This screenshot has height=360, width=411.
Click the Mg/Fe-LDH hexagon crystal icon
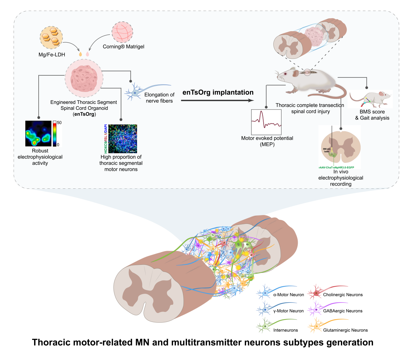point(51,38)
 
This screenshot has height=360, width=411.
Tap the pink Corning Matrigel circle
point(122,32)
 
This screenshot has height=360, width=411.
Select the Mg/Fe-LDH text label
point(52,55)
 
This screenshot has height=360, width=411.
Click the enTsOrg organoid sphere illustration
point(84,78)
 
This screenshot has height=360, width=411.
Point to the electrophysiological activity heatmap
point(38,134)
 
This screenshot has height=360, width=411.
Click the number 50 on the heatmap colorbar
point(59,123)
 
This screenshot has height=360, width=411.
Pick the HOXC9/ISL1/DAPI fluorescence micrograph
point(123,139)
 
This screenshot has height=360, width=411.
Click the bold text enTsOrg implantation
point(218,92)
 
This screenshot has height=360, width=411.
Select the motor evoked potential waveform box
point(266,122)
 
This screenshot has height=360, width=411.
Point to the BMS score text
point(372,112)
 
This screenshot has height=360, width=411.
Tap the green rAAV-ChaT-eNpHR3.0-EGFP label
point(336,167)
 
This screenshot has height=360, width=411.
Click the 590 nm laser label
point(327,150)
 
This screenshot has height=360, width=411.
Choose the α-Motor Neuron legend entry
point(288,295)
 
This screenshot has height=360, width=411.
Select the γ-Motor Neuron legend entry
point(288,311)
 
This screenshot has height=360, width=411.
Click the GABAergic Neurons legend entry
point(342,311)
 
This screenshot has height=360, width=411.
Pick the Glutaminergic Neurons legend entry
point(345,330)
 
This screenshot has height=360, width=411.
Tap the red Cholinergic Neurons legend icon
point(316,292)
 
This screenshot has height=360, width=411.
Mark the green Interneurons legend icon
point(265,326)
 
